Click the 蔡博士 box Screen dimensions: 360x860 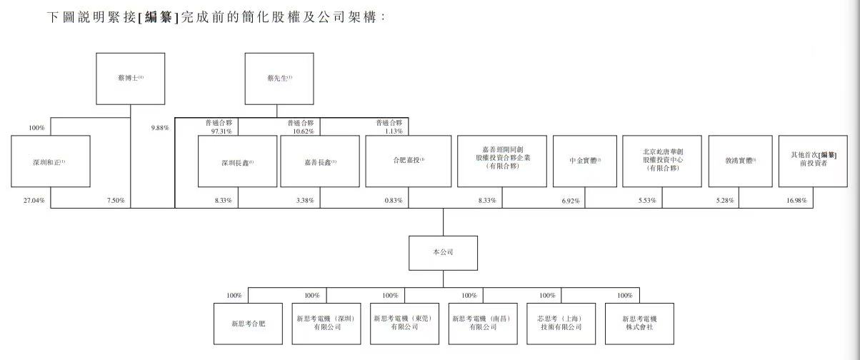(131, 79)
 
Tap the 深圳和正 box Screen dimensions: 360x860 (50, 161)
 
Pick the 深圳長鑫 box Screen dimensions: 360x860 (237, 161)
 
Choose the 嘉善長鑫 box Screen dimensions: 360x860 (319, 161)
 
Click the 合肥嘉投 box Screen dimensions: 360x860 (408, 161)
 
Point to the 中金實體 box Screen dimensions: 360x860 (584, 161)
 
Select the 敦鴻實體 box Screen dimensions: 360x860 (739, 161)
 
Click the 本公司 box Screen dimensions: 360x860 (443, 253)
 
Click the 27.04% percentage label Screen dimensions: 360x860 (33, 201)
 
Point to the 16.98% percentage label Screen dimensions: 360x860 (795, 201)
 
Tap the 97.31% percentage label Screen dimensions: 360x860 (220, 131)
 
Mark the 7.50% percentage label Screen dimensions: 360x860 (116, 201)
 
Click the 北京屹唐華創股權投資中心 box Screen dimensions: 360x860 (661, 161)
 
